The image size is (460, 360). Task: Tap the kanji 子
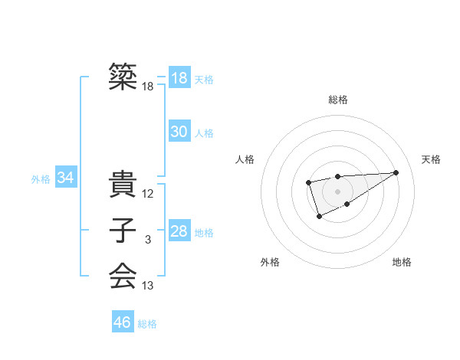coord(122,231)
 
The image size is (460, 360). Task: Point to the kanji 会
coord(122,276)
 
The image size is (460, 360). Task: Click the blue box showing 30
coord(179,132)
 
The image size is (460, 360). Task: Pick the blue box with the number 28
coord(179,231)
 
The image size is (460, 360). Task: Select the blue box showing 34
coord(65,178)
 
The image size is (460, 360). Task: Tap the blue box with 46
coord(122,322)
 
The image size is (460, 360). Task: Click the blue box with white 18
coord(179,78)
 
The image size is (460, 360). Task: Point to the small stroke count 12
coord(148,194)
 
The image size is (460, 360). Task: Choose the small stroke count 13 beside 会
coord(148,286)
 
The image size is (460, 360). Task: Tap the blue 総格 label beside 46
coord(147,324)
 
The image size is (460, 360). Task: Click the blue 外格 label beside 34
coord(41,180)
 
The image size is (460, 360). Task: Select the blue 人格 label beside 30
coord(204,133)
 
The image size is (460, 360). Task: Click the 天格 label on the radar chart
coord(432,159)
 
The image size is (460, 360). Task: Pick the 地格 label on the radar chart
coord(402,262)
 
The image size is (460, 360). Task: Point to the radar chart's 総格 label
coord(338,100)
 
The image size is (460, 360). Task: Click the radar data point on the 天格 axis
coord(396,172)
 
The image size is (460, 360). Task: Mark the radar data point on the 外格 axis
coord(320,218)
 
